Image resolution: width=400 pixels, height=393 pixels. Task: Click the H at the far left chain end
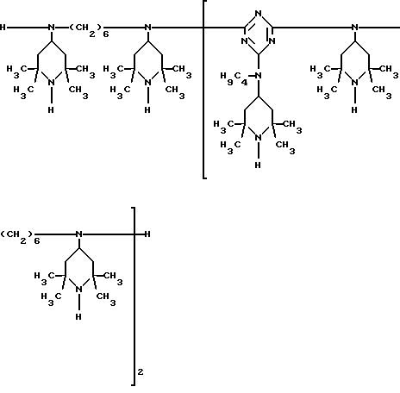click(x=3, y=28)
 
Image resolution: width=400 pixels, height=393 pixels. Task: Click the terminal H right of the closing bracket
click(x=147, y=234)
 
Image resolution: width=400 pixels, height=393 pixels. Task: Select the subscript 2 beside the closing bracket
click(x=141, y=372)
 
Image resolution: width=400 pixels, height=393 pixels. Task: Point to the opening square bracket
click(x=203, y=90)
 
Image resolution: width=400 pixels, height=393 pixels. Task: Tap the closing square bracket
click(x=134, y=296)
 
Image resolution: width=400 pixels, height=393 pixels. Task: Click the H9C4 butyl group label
click(x=234, y=78)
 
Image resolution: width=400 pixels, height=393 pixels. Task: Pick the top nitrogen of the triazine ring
click(x=259, y=13)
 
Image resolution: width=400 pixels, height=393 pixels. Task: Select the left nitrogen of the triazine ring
click(x=244, y=41)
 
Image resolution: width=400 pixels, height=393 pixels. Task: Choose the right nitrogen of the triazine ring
click(x=272, y=41)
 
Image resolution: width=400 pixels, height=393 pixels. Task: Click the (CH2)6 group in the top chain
click(x=90, y=30)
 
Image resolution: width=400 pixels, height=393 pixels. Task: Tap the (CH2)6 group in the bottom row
click(x=20, y=237)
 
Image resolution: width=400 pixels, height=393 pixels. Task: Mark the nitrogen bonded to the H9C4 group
click(x=259, y=76)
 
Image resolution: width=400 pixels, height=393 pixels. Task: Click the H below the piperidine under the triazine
click(x=258, y=165)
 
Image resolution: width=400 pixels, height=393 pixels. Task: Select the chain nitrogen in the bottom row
click(x=79, y=234)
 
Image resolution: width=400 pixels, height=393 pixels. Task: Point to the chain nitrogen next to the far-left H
click(x=52, y=28)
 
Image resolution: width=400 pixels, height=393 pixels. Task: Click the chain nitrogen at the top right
click(x=355, y=28)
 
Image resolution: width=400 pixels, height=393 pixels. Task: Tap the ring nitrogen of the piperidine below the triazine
click(x=259, y=138)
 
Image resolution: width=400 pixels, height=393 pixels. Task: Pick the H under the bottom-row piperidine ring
click(x=78, y=316)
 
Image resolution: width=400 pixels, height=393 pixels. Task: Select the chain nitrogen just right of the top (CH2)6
click(x=148, y=28)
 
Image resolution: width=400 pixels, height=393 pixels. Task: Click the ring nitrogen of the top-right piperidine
click(x=355, y=83)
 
